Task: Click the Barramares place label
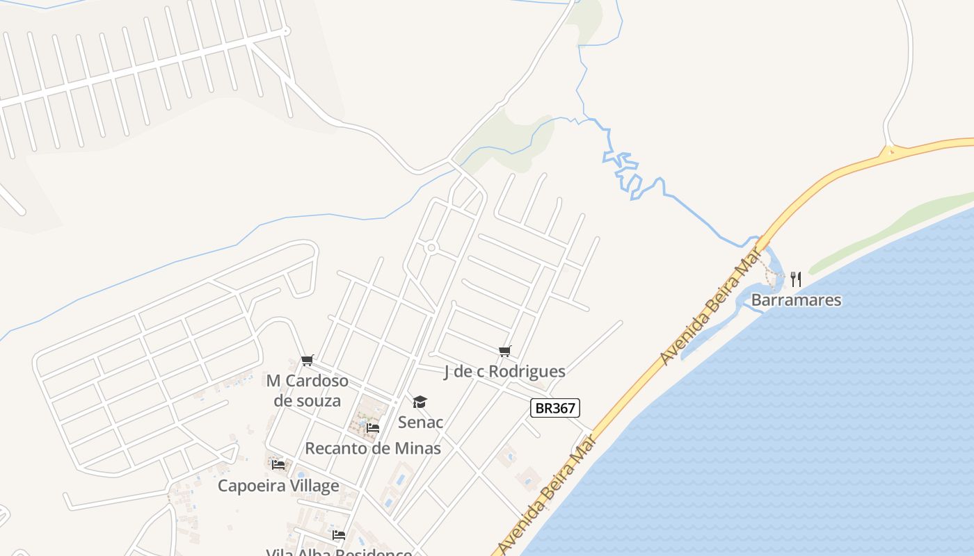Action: point(796,300)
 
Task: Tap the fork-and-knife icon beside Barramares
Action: point(796,279)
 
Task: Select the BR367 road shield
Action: point(554,408)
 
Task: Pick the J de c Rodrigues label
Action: point(504,372)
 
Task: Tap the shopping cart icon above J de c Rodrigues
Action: point(504,352)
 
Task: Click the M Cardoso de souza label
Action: point(307,391)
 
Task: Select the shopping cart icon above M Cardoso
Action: point(307,360)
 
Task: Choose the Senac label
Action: point(420,422)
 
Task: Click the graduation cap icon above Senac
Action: point(420,402)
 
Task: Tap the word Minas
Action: point(417,448)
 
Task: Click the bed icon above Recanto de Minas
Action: point(373,428)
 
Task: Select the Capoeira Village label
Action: point(278,485)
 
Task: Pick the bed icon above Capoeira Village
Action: point(278,464)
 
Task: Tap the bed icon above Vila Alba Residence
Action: point(339,535)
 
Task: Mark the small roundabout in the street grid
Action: point(431,247)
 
